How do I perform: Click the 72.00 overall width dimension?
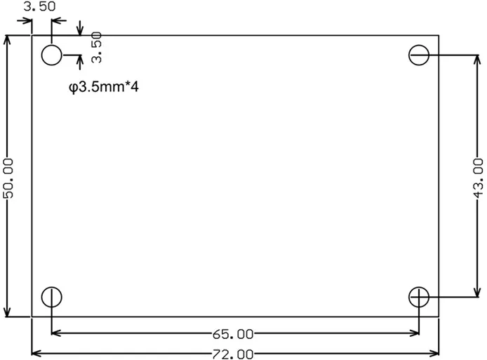point(233,354)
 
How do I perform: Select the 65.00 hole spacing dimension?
point(233,334)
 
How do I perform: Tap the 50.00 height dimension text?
point(8,178)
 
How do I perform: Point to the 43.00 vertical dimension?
point(478,178)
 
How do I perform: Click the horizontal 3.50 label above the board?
point(40,6)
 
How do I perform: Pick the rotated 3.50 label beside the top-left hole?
point(97,47)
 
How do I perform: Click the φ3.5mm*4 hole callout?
point(104,87)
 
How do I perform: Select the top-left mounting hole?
point(51,55)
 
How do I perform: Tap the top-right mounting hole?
point(419,55)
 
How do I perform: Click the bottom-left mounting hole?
point(51,297)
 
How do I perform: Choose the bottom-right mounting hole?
point(419,297)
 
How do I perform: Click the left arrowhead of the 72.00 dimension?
point(36,353)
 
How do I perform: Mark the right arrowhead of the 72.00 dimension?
point(434,353)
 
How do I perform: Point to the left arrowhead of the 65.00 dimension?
point(56,333)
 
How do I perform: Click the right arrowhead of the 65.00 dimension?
point(414,333)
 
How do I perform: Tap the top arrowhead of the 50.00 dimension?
point(7,41)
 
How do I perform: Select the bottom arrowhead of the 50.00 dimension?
point(7,312)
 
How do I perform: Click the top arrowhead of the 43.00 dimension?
point(477,60)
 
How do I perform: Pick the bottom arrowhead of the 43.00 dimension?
point(477,292)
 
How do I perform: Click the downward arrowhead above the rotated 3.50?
point(81,31)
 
